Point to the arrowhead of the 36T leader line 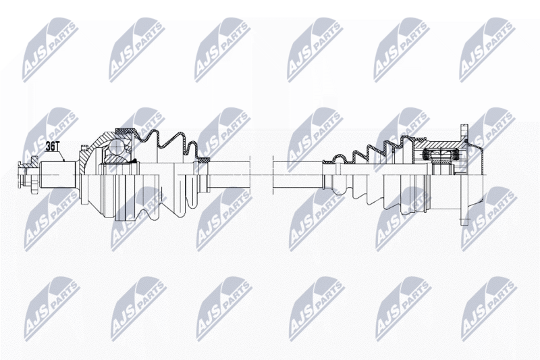click(x=64, y=161)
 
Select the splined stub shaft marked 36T click(x=57, y=175)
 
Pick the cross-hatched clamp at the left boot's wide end click(x=125, y=131)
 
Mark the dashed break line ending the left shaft click(x=250, y=175)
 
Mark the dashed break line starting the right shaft click(x=273, y=175)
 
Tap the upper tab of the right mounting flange click(x=463, y=132)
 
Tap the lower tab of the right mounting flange click(x=463, y=217)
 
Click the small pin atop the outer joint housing click(x=82, y=147)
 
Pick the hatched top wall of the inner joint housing click(x=437, y=144)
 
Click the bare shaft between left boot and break click(x=230, y=175)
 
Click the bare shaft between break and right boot click(x=298, y=175)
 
